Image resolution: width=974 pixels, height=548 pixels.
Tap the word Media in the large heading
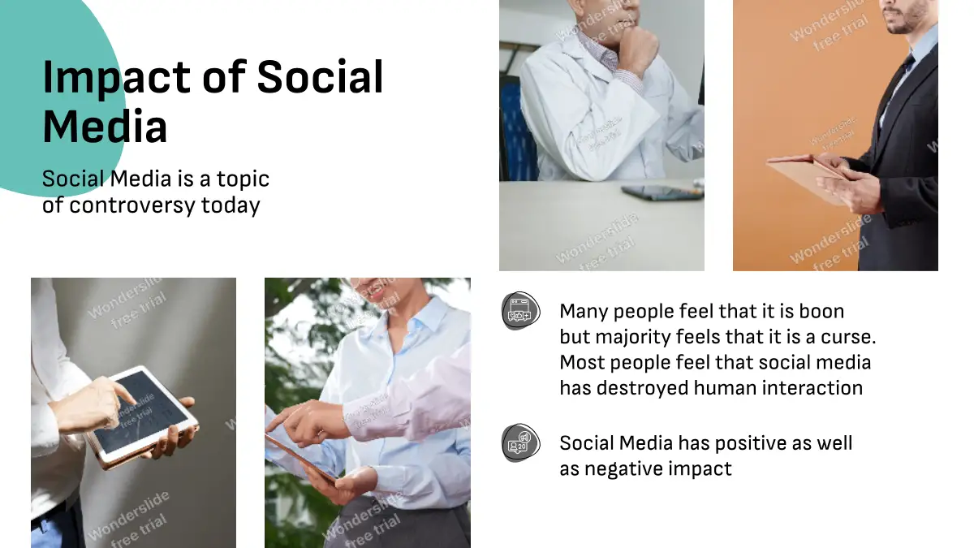(x=105, y=127)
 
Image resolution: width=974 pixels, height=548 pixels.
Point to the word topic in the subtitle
(x=243, y=179)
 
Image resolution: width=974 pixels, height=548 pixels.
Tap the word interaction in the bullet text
(x=778, y=388)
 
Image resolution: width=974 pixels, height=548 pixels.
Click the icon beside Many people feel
(x=520, y=310)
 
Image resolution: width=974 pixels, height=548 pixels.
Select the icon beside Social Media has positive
(x=520, y=442)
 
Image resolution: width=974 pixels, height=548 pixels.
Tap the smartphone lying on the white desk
(x=662, y=192)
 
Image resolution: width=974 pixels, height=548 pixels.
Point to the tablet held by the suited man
(x=806, y=176)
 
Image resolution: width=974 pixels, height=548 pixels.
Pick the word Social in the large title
(x=320, y=77)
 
